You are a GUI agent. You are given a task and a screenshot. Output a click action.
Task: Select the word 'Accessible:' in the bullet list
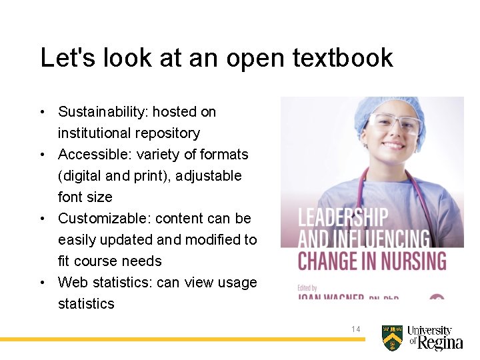click(95, 155)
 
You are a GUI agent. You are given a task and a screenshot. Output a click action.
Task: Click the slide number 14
click(356, 329)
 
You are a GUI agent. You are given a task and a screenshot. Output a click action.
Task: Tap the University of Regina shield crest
click(392, 338)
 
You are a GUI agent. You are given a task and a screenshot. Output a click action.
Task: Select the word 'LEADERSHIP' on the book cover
click(343, 218)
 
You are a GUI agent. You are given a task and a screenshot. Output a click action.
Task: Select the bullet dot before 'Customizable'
click(43, 219)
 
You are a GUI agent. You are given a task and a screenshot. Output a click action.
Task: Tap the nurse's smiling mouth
click(394, 145)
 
